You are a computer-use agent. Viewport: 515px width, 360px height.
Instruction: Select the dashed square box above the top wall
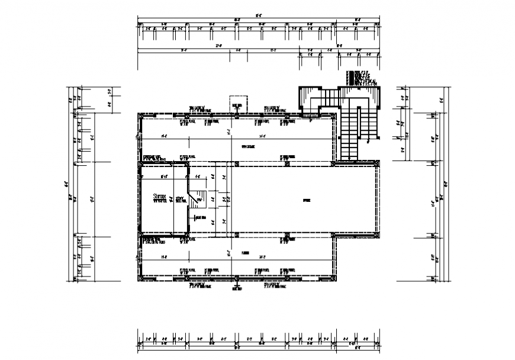tap(236, 102)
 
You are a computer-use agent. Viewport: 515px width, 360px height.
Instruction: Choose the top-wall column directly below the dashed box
tap(236, 115)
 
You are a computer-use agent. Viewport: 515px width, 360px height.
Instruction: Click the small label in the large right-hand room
tap(307, 200)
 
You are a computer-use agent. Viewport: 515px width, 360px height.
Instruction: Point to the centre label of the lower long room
tap(244, 251)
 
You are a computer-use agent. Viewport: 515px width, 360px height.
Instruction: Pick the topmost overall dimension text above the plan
tap(258, 17)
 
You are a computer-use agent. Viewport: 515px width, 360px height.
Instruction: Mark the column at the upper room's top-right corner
tap(335, 115)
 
